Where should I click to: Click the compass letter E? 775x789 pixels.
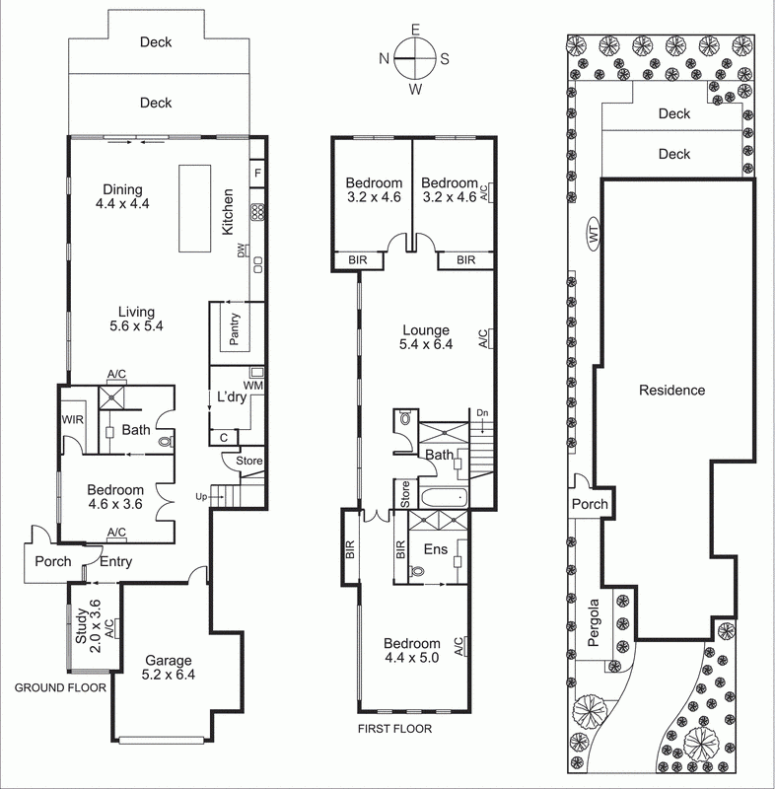pyautogui.click(x=416, y=30)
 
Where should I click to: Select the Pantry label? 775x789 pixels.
pyautogui.click(x=235, y=334)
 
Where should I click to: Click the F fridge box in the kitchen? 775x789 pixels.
pyautogui.click(x=257, y=174)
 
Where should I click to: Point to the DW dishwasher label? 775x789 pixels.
pyautogui.click(x=241, y=253)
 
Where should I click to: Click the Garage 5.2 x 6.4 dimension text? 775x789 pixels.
pyautogui.click(x=163, y=677)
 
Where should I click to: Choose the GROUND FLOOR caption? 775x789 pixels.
pyautogui.click(x=59, y=687)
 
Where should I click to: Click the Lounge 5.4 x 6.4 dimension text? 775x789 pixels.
pyautogui.click(x=426, y=346)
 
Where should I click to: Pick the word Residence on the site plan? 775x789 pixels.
pyautogui.click(x=671, y=390)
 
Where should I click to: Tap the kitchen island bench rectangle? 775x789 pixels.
pyautogui.click(x=195, y=208)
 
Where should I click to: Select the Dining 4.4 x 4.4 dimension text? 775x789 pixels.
pyautogui.click(x=122, y=205)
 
